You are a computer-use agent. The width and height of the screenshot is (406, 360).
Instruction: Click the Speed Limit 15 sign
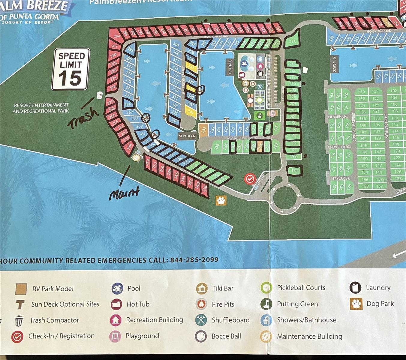click(x=71, y=69)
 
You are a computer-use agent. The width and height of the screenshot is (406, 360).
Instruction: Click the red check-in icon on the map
click(x=250, y=179)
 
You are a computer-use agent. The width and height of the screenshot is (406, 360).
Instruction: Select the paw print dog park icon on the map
click(x=221, y=200)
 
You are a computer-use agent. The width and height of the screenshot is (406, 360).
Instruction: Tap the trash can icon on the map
click(x=100, y=95)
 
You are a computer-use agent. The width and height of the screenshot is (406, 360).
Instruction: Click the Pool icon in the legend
click(x=117, y=288)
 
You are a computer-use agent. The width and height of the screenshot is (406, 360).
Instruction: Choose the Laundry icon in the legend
click(x=355, y=287)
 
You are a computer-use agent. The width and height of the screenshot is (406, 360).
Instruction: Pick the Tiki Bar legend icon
click(x=202, y=288)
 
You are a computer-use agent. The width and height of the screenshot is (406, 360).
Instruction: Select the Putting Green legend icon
click(x=266, y=304)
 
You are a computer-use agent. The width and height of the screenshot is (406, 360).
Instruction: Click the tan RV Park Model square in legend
click(x=21, y=289)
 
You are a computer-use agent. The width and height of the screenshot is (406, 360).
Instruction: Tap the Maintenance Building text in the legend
click(x=309, y=336)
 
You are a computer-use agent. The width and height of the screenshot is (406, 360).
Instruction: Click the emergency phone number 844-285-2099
click(x=194, y=260)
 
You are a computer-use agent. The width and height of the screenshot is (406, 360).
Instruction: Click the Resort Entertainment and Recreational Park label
click(x=41, y=108)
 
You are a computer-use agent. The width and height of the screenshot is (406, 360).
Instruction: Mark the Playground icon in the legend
click(x=115, y=336)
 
